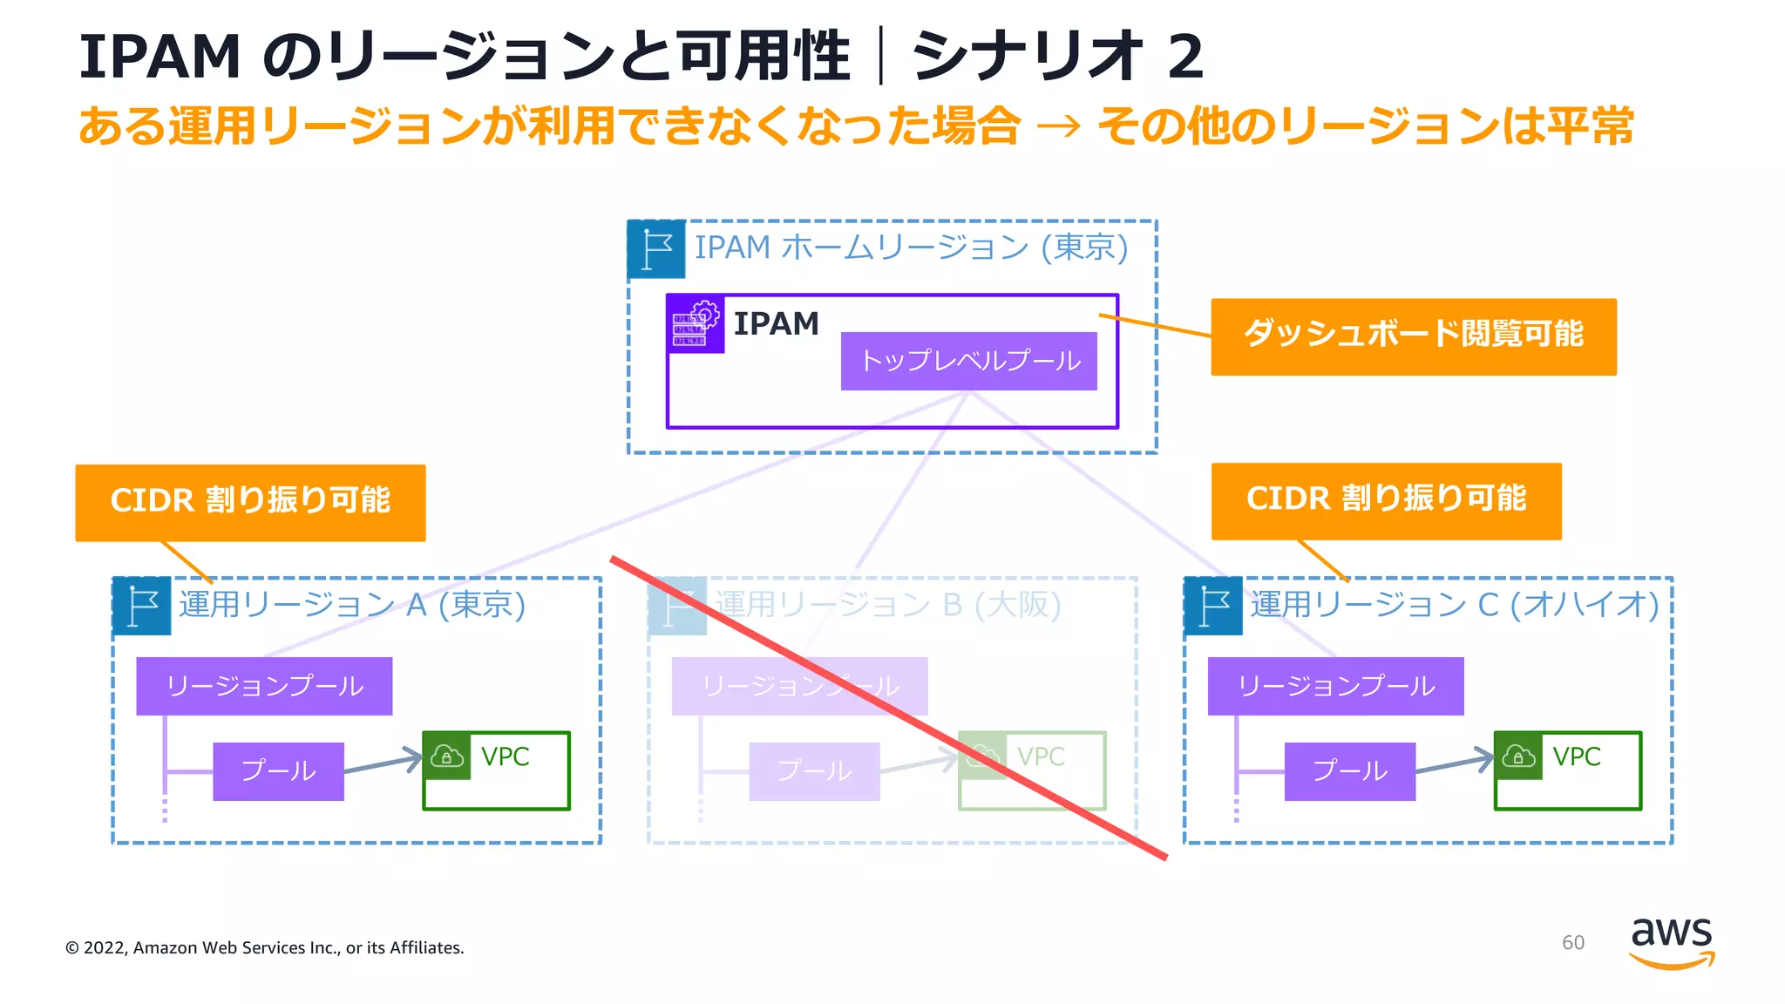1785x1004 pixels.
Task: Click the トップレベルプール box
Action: [x=968, y=361]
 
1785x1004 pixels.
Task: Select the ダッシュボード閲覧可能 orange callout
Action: [x=1413, y=336]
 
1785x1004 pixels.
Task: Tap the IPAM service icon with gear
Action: [x=696, y=323]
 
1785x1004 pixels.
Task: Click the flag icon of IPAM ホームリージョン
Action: [x=656, y=249]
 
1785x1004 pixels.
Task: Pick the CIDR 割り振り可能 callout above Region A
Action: [x=250, y=502]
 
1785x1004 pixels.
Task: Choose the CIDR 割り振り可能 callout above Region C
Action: [x=1386, y=500]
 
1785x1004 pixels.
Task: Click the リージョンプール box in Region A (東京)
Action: [x=264, y=686]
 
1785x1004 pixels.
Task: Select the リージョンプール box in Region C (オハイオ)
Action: [x=1335, y=686]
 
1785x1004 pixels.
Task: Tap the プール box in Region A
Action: [x=278, y=771]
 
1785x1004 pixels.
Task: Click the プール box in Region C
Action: [x=1349, y=771]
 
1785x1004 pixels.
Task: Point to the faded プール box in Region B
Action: [x=814, y=771]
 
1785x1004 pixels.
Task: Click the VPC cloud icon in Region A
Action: [x=447, y=756]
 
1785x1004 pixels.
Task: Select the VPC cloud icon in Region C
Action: [x=1518, y=756]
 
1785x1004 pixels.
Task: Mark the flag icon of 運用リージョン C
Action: [x=1213, y=606]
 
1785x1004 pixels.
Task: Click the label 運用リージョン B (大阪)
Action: [x=887, y=604]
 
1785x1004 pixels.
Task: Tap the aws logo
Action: [x=1671, y=941]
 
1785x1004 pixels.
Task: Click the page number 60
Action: [x=1572, y=943]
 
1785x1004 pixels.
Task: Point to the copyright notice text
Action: [x=265, y=948]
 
